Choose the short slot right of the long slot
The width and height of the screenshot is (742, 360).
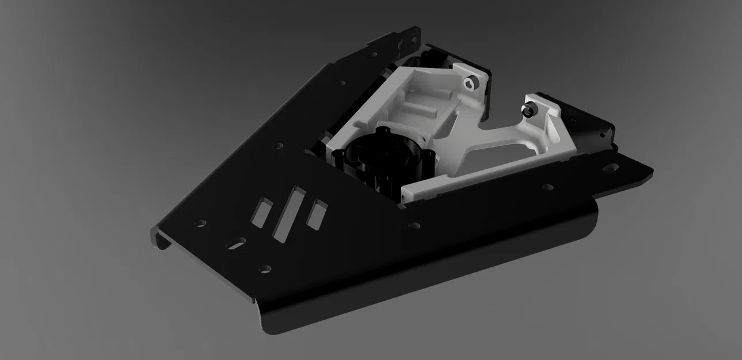click(x=316, y=214)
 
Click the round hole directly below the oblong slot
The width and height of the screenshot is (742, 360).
click(x=264, y=268)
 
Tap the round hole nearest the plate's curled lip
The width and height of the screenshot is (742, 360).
click(x=200, y=222)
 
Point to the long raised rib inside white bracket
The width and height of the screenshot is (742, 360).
click(x=423, y=107)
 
